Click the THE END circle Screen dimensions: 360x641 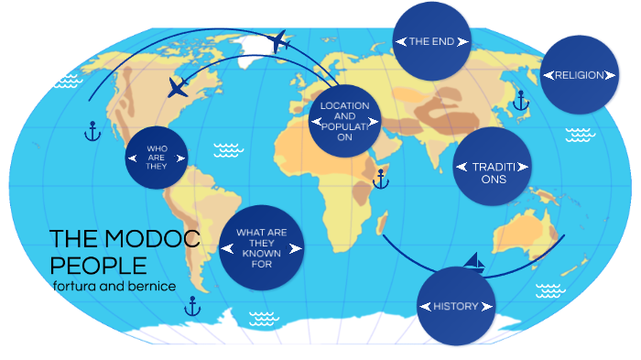(432, 41)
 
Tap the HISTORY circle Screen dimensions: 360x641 (455, 306)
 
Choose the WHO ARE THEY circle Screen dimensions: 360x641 (157, 158)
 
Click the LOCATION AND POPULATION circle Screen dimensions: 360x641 (344, 121)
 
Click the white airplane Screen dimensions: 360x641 (280, 41)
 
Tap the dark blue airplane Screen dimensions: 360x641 (179, 88)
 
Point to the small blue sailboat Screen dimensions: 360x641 (473, 263)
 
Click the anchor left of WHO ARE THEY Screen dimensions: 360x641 (91, 132)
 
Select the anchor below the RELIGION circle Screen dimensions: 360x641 (520, 100)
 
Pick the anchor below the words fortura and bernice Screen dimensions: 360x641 (191, 308)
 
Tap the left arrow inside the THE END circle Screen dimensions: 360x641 (400, 41)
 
